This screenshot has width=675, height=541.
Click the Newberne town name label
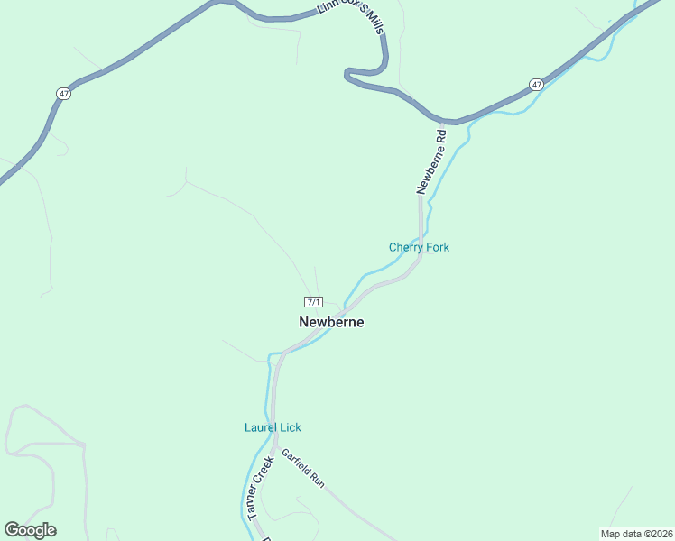331,322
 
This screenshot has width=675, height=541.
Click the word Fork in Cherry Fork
437,247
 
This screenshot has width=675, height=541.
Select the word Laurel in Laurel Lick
261,427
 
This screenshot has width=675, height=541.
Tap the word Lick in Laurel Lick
291,427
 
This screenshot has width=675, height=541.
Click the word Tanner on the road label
253,502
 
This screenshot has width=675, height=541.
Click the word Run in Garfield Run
318,481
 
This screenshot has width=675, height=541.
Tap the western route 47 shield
62,93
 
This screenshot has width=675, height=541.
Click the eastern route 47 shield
537,85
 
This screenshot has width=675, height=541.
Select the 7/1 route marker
313,301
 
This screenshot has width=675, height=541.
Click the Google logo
30,530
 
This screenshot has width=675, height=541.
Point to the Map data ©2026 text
635,534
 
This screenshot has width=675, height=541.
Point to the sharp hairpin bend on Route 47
347,74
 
